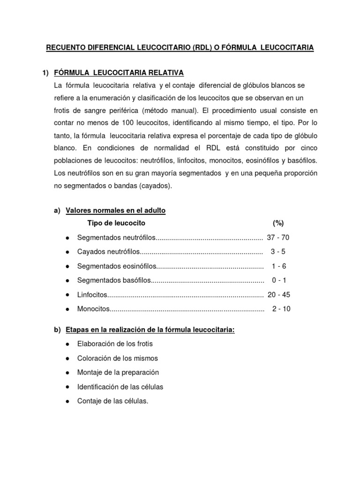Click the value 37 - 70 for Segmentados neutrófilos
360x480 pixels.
pos(278,237)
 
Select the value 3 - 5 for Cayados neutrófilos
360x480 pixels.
pos(278,252)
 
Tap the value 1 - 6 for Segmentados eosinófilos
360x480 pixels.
pos(278,266)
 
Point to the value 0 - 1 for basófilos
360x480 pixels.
pos(278,280)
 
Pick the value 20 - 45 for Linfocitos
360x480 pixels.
pos(278,295)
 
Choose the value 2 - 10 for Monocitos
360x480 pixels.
pos(281,309)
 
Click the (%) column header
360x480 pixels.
pos(278,223)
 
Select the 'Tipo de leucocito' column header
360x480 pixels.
pos(116,223)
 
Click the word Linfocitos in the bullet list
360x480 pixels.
pos(92,295)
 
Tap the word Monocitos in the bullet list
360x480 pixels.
pos(93,309)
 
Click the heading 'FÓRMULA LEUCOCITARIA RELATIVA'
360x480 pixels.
pos(119,73)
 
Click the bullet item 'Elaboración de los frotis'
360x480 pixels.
pos(115,344)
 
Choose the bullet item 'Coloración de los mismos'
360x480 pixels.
pos(118,358)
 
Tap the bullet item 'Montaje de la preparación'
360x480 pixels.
pos(118,372)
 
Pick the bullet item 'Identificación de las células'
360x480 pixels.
pos(120,387)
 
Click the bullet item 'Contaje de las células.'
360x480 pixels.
pos(112,401)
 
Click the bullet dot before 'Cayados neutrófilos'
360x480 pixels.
pos(67,252)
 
